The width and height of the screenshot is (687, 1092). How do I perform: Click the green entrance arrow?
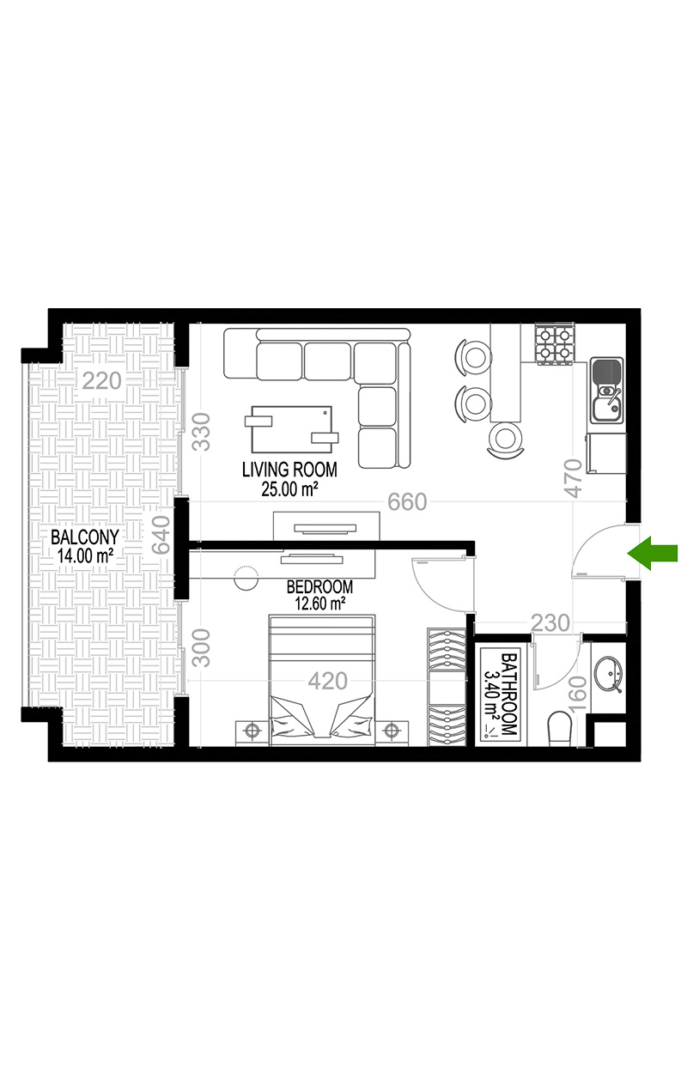point(652,552)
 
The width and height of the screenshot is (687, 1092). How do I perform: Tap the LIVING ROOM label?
point(289,470)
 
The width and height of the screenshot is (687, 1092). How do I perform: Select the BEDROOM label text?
point(319,586)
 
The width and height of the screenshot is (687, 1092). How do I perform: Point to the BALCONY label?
point(85,537)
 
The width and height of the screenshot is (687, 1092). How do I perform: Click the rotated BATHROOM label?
point(508,695)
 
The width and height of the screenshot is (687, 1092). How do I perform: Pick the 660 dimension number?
point(407,501)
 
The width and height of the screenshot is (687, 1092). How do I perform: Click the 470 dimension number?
point(575,477)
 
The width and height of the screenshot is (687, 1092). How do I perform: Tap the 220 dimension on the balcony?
point(101,380)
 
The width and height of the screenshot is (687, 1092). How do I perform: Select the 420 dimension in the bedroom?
point(328,681)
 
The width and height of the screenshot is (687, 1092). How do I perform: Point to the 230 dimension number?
point(550,622)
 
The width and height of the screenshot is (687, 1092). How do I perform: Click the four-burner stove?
point(554,343)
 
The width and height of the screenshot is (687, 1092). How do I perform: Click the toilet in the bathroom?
point(559,728)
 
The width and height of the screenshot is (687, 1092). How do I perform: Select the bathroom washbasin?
point(608,674)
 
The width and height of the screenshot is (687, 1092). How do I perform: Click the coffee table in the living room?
point(292,428)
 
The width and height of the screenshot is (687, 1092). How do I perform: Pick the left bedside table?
point(252,732)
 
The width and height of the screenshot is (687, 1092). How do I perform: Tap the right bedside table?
point(392,732)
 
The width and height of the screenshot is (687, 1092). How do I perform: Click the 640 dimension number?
point(161,535)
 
